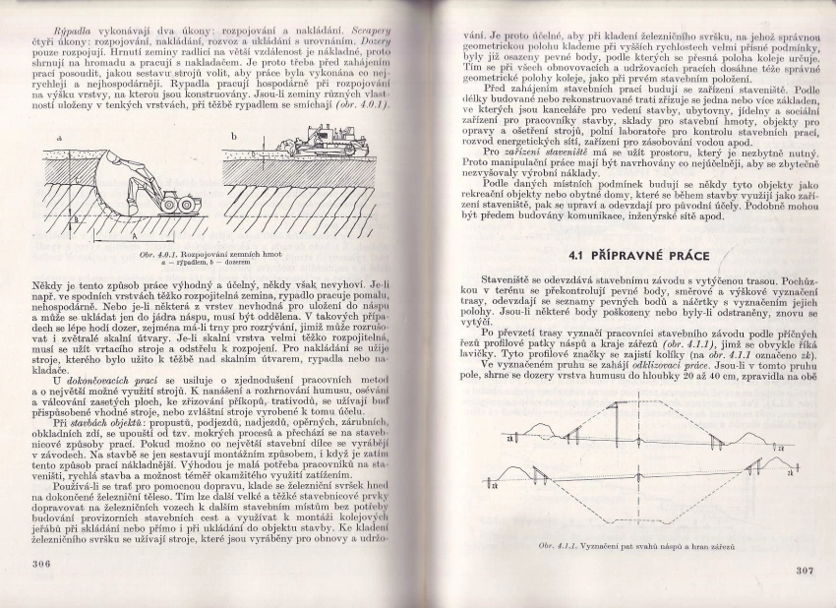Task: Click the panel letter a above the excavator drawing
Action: (59, 139)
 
